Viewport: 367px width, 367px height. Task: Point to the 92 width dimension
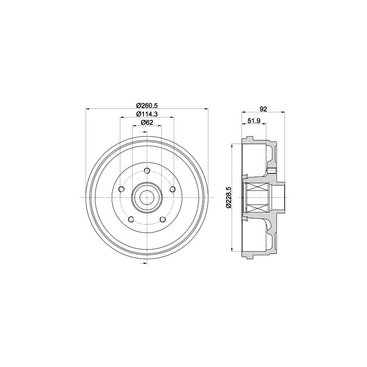263,108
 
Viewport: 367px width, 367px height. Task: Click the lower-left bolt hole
130,219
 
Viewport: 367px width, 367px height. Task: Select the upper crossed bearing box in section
257,189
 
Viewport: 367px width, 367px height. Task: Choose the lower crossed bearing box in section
257,206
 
